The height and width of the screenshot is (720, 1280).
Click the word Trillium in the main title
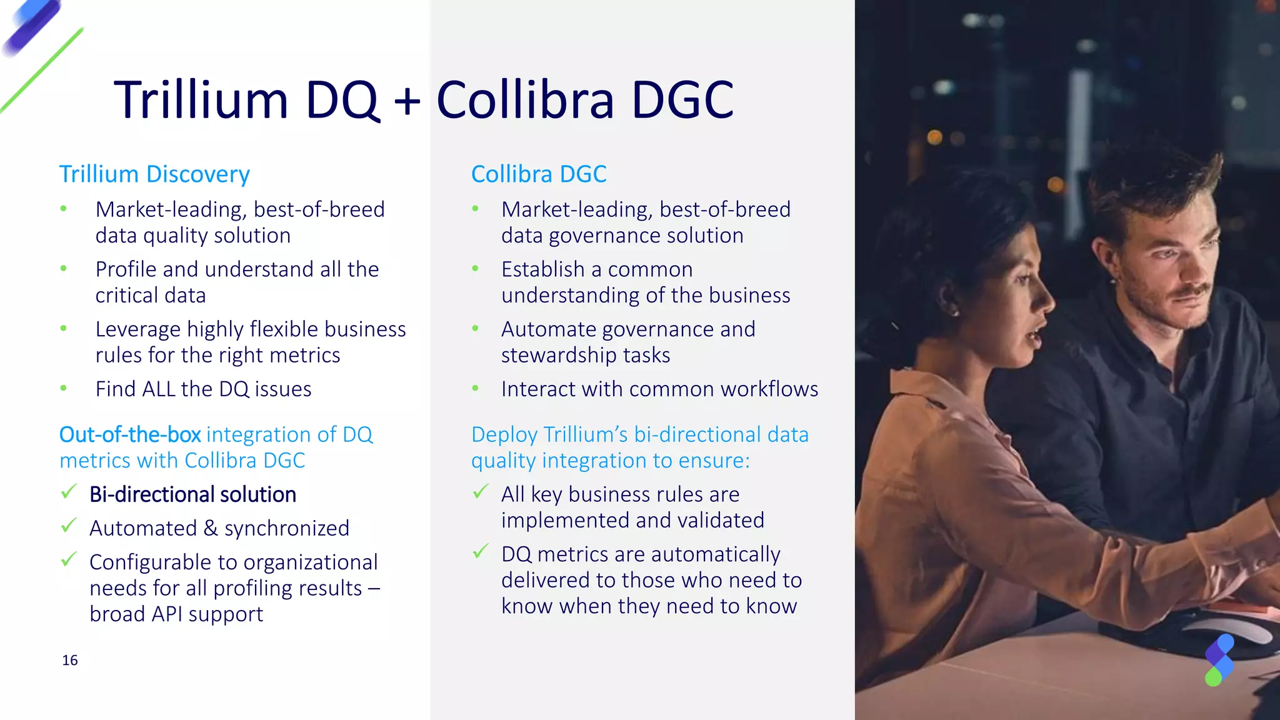point(201,100)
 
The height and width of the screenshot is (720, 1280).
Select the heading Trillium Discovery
point(154,174)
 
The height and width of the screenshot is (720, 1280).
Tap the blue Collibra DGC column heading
point(539,174)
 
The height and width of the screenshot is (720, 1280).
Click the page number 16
point(70,661)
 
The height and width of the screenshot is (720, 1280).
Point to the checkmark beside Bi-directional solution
point(69,492)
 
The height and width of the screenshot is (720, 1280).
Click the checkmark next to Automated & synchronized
point(69,526)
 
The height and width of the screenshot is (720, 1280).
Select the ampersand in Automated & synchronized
point(211,529)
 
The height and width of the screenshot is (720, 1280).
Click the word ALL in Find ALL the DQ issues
point(159,389)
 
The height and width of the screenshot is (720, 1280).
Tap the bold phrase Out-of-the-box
point(130,434)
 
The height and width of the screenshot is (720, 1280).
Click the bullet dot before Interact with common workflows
point(476,389)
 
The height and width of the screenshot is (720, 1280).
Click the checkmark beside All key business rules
point(481,492)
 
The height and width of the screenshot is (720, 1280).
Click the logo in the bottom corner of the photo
point(1219,660)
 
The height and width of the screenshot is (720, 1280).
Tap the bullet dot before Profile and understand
point(64,269)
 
